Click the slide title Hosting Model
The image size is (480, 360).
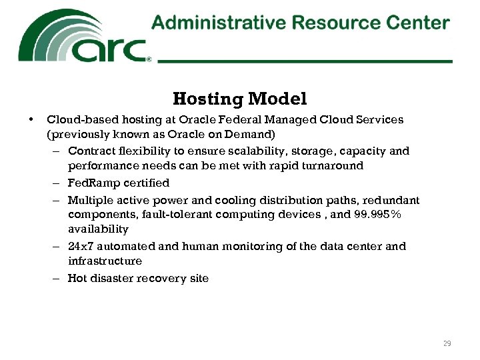[x=240, y=99]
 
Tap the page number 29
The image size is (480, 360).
[x=447, y=343]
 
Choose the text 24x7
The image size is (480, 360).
[x=81, y=247]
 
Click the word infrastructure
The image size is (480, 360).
[x=105, y=261]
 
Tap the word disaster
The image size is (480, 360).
[x=111, y=279]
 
